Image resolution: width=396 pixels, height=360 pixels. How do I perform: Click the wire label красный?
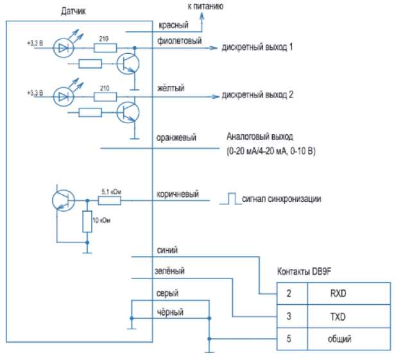pos(171,26)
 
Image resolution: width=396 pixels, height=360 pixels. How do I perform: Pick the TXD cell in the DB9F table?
pos(337,316)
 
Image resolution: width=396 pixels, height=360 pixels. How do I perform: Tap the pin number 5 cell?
pos(289,338)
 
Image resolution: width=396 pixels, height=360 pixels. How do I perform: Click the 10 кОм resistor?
pos(87,221)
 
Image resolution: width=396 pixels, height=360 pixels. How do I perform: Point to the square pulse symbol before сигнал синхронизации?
pos(228,200)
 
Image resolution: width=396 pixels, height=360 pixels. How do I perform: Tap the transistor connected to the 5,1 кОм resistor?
pos(62,200)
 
